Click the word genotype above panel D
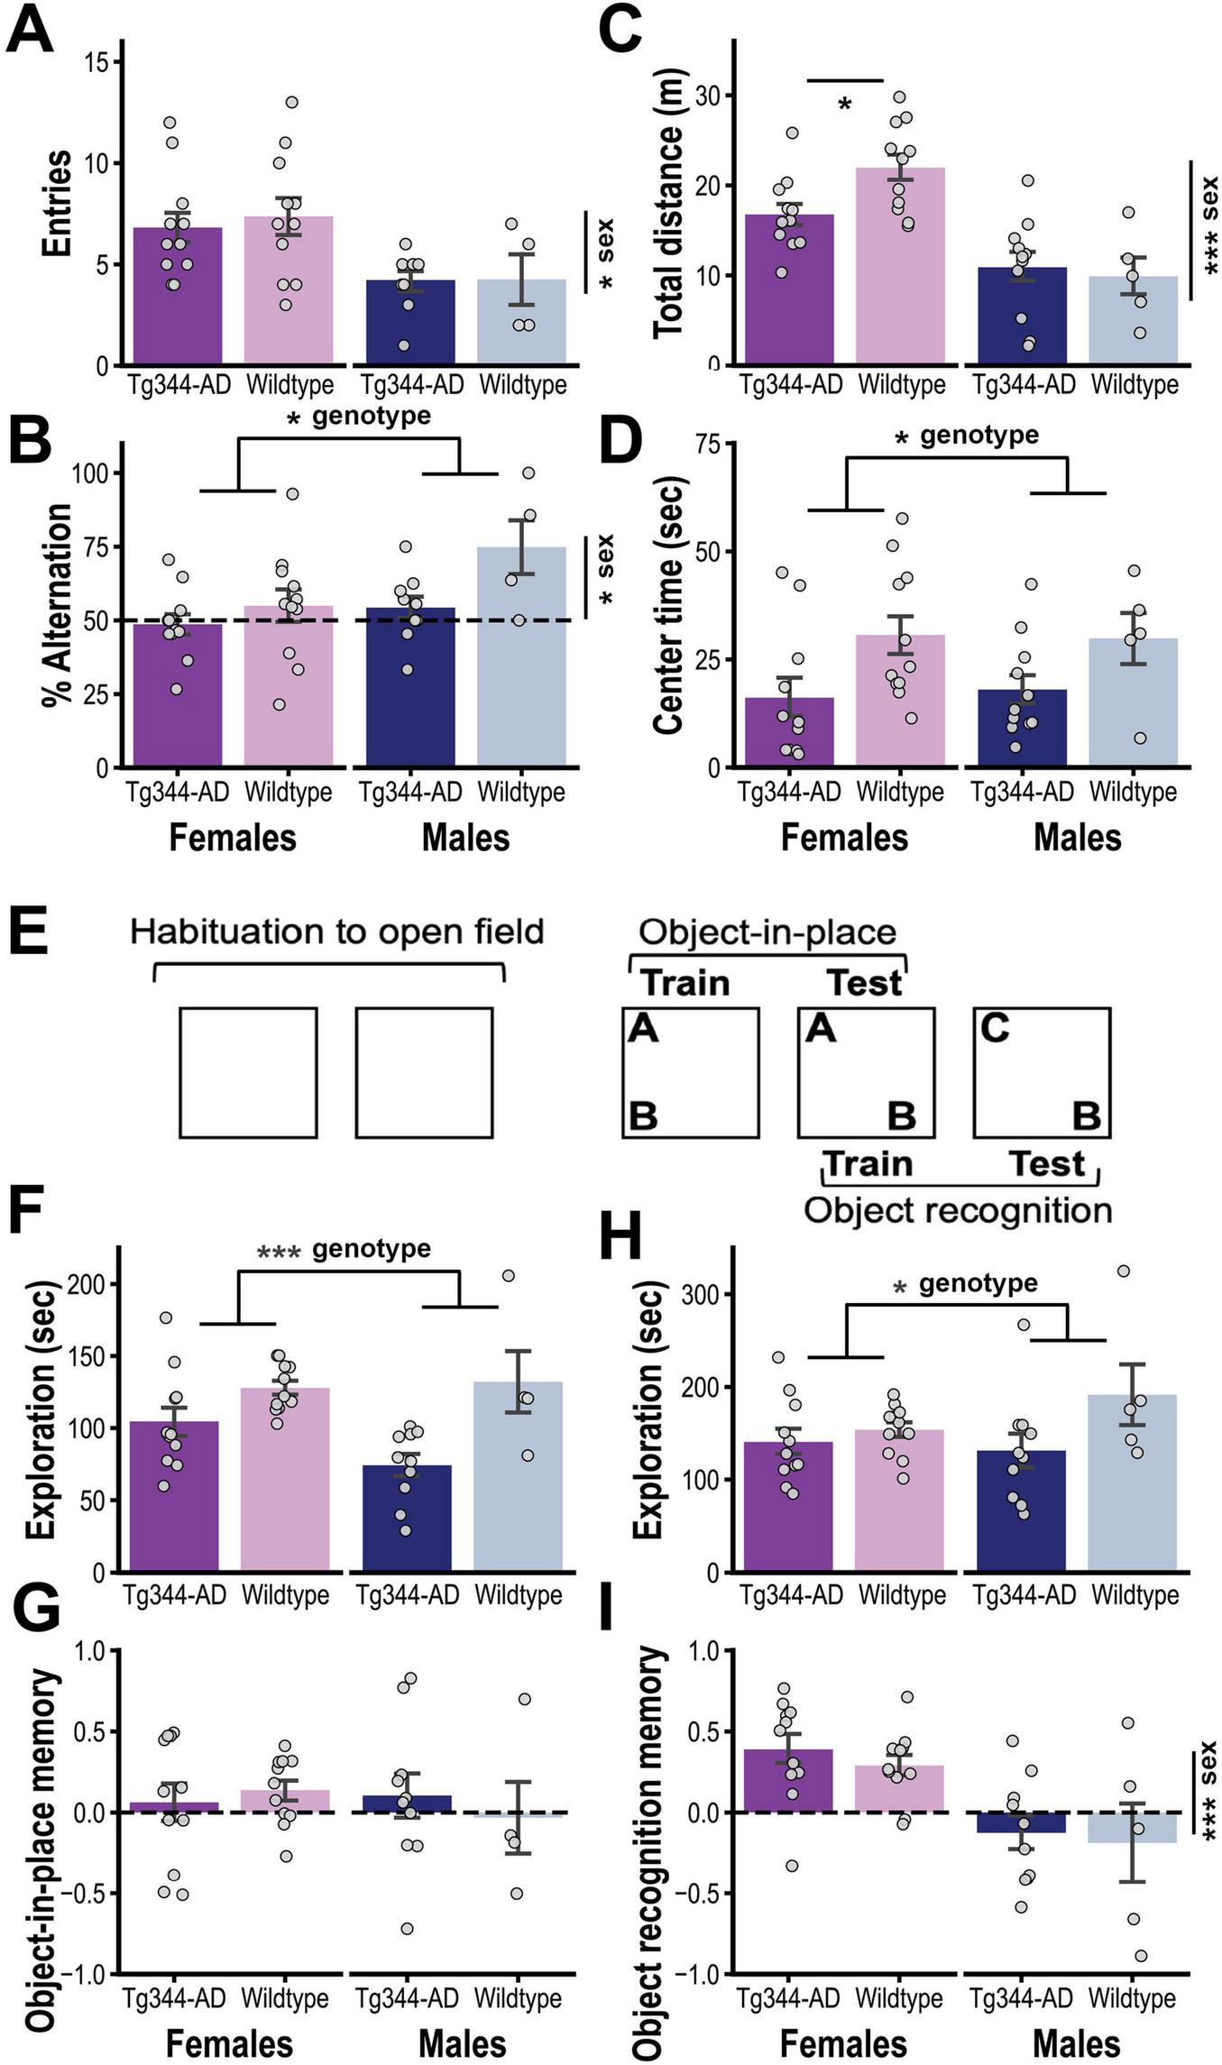tap(979, 436)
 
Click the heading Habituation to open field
tap(336, 932)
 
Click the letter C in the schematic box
tap(994, 1028)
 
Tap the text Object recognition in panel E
tap(957, 1209)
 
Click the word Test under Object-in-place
tap(864, 982)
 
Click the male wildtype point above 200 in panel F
tap(509, 1275)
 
